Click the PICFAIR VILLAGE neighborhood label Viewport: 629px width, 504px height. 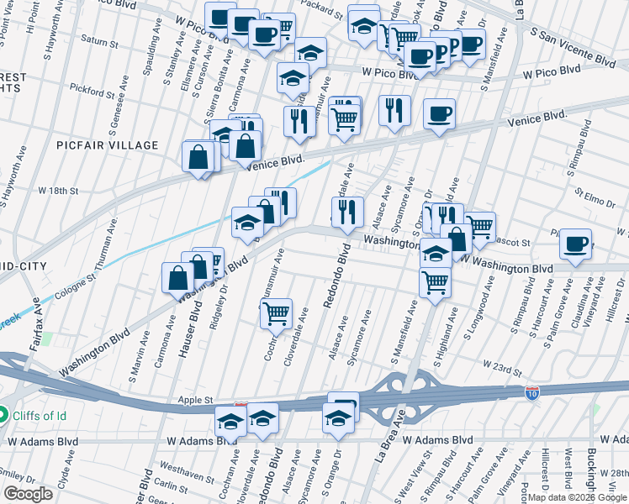pyautogui.click(x=107, y=145)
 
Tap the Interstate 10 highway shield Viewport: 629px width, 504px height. pyautogui.click(x=531, y=392)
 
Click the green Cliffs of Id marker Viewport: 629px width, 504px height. pyautogui.click(x=3, y=414)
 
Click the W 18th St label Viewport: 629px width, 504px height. pyautogui.click(x=58, y=191)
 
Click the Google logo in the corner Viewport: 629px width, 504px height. pyautogui.click(x=29, y=494)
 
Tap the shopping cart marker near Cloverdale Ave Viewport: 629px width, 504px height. pyautogui.click(x=276, y=314)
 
